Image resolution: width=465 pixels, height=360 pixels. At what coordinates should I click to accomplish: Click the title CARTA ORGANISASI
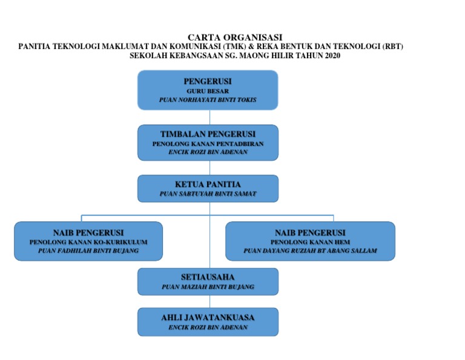click(x=235, y=38)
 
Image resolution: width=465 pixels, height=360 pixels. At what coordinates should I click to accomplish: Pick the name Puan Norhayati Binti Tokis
click(x=208, y=100)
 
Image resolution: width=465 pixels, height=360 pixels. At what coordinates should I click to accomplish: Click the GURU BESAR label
click(x=208, y=91)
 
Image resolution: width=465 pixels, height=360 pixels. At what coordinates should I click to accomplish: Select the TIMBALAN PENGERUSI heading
click(x=208, y=134)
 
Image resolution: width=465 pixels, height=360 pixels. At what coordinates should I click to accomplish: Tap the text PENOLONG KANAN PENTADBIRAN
click(x=208, y=144)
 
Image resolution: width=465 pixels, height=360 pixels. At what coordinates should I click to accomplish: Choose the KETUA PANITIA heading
click(x=208, y=184)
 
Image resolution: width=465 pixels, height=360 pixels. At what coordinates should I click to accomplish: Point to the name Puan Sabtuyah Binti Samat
click(x=208, y=194)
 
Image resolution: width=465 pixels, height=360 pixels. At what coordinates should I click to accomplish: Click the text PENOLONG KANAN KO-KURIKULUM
click(x=88, y=242)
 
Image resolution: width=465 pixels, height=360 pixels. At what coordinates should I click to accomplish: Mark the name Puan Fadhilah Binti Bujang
click(x=88, y=251)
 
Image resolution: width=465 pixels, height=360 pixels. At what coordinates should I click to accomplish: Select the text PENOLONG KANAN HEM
click(x=310, y=242)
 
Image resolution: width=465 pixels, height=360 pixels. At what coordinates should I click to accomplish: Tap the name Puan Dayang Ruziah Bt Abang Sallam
click(x=310, y=251)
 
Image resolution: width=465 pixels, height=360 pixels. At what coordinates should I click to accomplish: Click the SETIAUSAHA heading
click(x=208, y=277)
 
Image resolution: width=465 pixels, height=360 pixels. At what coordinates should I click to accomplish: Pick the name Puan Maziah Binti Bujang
click(x=208, y=287)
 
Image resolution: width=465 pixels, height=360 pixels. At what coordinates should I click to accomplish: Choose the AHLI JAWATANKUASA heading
click(x=208, y=318)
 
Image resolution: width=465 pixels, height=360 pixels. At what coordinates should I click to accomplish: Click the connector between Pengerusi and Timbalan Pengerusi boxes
click(x=209, y=117)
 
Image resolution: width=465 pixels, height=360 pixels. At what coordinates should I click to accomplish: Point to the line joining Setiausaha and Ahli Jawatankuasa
click(x=209, y=302)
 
